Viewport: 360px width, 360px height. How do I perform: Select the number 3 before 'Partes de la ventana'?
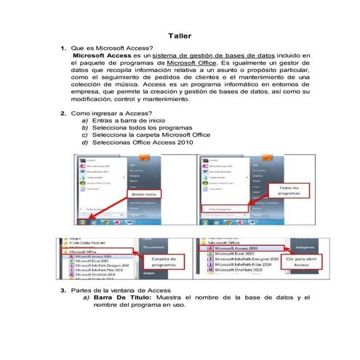pos(63,291)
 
